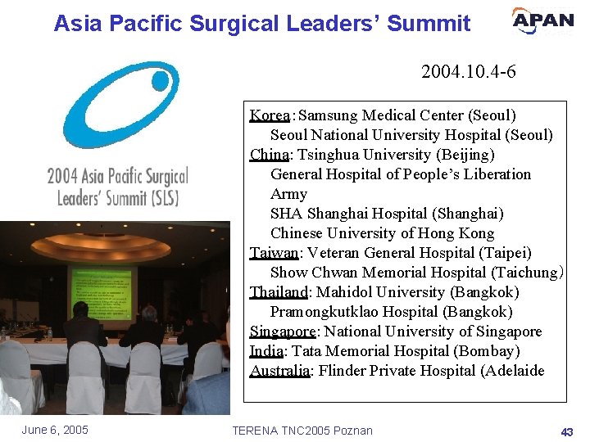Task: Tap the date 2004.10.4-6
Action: (468, 72)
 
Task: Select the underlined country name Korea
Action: (269, 115)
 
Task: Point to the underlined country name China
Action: (269, 155)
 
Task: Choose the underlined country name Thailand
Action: (278, 292)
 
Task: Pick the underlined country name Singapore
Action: (283, 331)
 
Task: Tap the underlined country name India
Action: (266, 351)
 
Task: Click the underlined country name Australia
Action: (279, 371)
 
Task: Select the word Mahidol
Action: (345, 292)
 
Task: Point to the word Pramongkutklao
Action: (322, 312)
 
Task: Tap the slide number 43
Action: (566, 431)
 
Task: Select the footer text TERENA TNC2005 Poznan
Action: (302, 431)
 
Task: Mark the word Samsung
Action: (329, 115)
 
